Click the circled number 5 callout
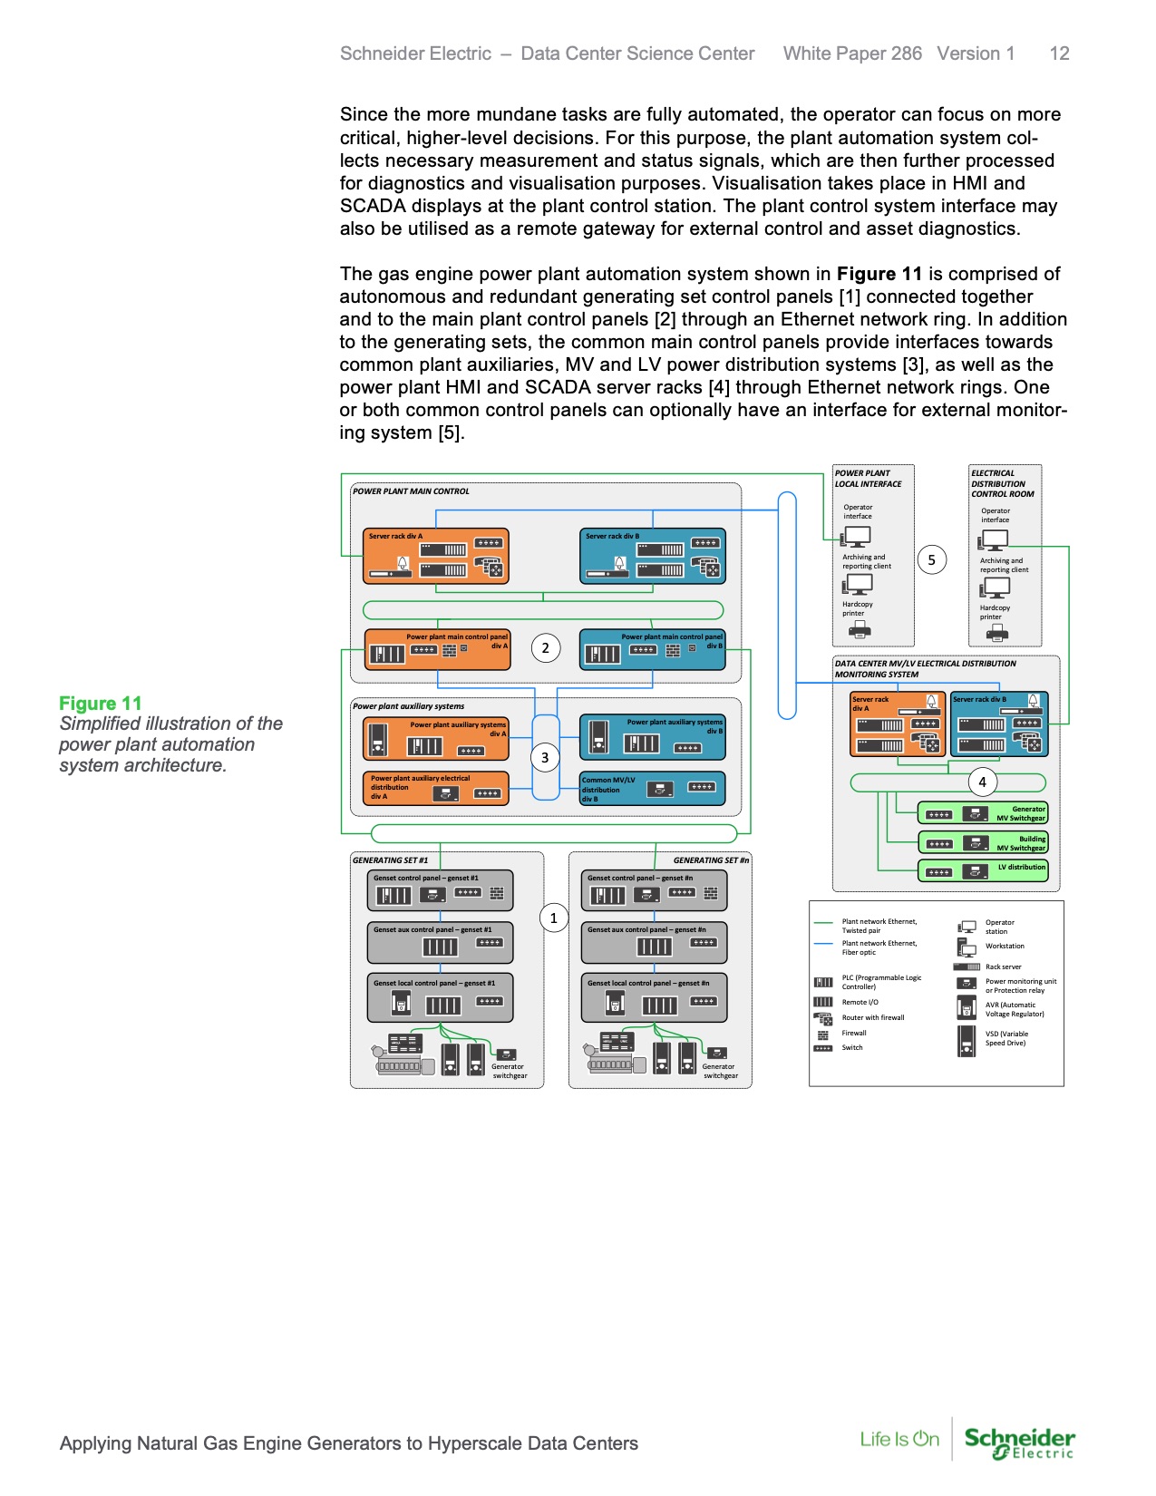(931, 559)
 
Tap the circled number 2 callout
(545, 647)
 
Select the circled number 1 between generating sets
(553, 918)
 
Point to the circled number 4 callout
(982, 782)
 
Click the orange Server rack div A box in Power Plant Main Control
(435, 556)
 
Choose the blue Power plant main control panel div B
(652, 649)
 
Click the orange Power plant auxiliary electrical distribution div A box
(435, 788)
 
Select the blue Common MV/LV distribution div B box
(652, 789)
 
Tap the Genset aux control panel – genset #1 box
(440, 943)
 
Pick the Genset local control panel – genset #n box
(654, 997)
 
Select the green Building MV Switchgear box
(983, 842)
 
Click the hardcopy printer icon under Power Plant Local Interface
(858, 629)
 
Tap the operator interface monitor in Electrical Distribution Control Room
(995, 539)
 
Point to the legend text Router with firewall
(872, 1017)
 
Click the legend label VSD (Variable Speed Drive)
(1006, 1038)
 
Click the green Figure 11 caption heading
(101, 704)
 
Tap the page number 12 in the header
(1059, 53)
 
